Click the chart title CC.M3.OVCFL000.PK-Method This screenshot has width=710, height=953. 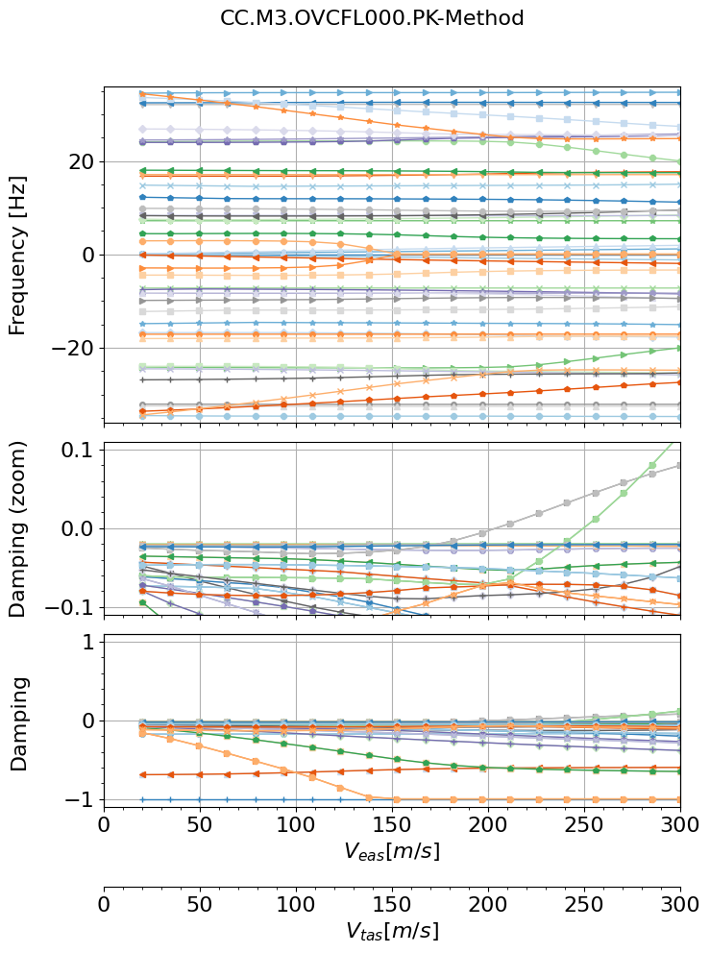coord(372,18)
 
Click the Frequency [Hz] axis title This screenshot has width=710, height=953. coord(17,255)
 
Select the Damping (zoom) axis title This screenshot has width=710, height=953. coord(17,528)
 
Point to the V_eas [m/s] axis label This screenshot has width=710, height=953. coord(392,850)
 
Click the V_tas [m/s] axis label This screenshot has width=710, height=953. coord(392,931)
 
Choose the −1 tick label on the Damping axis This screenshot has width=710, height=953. coord(77,799)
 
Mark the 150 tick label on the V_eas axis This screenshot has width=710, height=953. coord(392,825)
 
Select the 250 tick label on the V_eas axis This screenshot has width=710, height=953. coord(584,825)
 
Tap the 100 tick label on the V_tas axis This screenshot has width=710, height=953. coord(296,906)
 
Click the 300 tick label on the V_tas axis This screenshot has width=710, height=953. coord(679,906)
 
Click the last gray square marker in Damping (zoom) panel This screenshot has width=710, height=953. coord(679,465)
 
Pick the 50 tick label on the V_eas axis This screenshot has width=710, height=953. coord(200,825)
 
